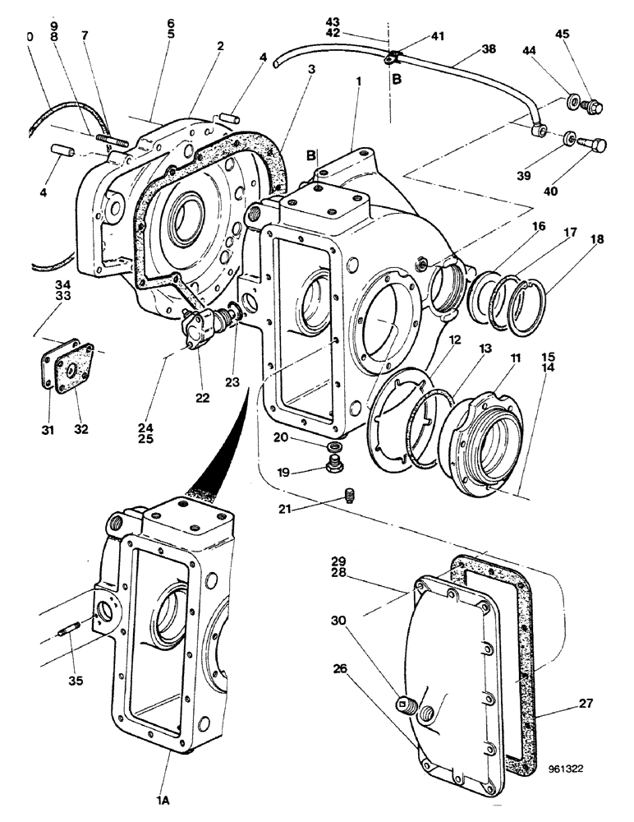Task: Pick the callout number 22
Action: [x=203, y=398]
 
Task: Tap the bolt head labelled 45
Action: [x=595, y=106]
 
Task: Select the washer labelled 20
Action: [x=335, y=446]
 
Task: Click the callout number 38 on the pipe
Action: [x=489, y=48]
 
